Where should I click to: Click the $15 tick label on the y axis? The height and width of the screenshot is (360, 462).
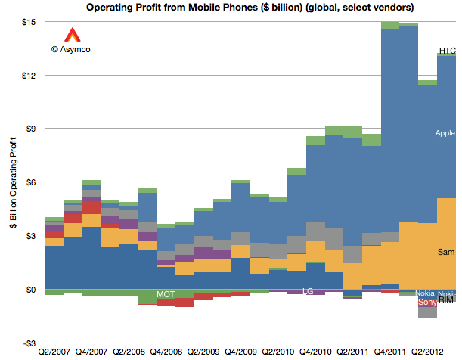[29, 22]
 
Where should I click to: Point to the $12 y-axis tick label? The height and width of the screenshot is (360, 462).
[29, 76]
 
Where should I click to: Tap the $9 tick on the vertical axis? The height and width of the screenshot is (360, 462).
[31, 129]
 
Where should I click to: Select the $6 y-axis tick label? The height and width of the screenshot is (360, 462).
[31, 182]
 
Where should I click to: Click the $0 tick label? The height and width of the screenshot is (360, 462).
[31, 290]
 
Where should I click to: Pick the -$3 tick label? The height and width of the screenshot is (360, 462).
[29, 343]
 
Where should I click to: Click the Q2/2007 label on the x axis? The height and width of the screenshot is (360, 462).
[54, 352]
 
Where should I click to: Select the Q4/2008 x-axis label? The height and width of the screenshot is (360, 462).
[166, 352]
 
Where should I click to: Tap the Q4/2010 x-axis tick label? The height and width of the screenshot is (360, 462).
[315, 352]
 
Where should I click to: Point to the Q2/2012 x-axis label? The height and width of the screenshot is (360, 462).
[427, 352]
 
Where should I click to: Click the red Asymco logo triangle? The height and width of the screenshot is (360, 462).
[72, 35]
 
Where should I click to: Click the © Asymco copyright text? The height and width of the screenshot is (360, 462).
[71, 49]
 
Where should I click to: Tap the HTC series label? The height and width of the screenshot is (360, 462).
[448, 51]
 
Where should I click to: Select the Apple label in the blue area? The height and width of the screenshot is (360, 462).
[445, 133]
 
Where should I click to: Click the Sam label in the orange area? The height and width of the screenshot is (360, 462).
[446, 252]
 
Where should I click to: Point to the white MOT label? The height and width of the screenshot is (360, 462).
[166, 294]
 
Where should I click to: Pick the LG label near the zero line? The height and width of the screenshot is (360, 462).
[308, 291]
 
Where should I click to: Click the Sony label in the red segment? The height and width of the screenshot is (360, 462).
[427, 302]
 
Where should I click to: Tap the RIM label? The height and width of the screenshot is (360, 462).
[446, 300]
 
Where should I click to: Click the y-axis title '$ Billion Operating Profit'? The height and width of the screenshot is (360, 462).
[14, 183]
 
